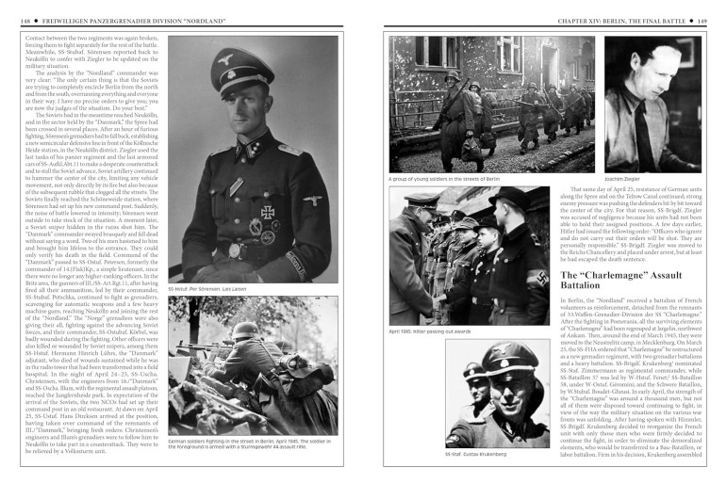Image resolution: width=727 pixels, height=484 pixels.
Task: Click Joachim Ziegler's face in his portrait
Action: [649, 71]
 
